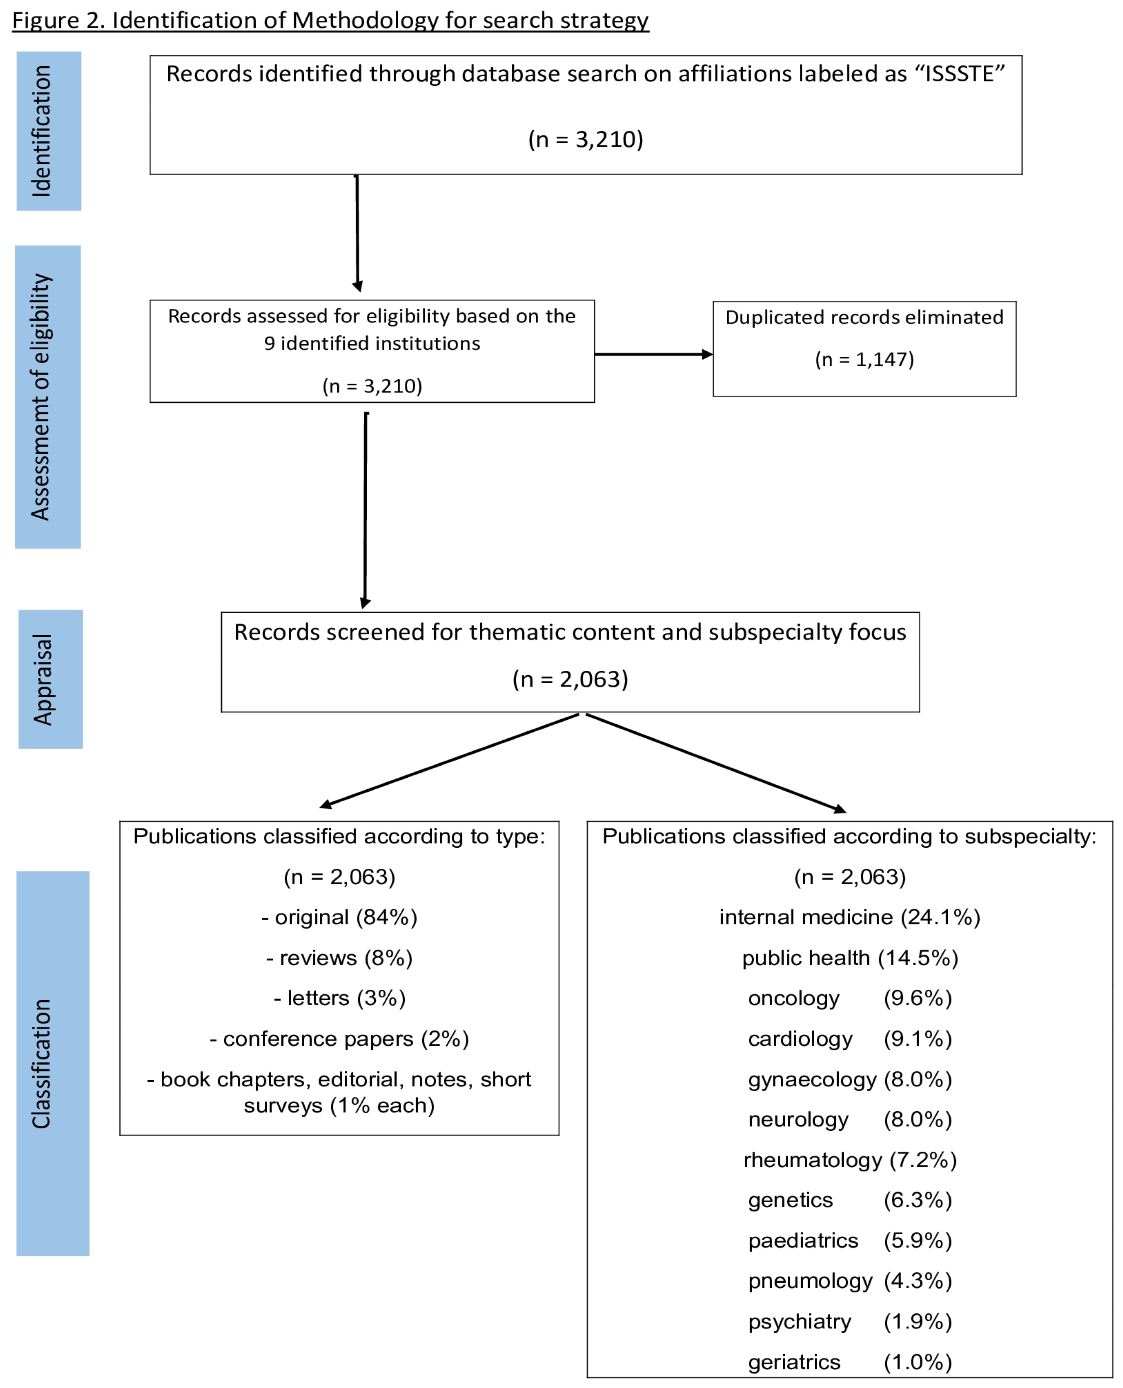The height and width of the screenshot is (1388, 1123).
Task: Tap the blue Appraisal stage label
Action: pos(51,679)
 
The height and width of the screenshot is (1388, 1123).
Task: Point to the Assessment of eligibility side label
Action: pos(48,397)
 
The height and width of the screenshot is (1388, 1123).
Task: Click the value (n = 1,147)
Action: pos(864,360)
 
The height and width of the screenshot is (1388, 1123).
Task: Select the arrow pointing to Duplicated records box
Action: pos(653,354)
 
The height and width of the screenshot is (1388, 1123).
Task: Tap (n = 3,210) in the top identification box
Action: pos(586,140)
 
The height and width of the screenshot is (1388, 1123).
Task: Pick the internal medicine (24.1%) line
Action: pos(850,917)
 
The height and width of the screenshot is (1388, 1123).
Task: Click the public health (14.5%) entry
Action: pos(850,958)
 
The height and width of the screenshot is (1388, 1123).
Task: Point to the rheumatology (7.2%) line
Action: pos(850,1160)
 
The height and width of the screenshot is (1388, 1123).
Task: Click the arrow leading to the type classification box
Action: pos(450,761)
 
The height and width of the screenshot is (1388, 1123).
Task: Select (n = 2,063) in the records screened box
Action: pos(570,679)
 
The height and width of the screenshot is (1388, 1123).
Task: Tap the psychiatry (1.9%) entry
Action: pos(850,1321)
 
